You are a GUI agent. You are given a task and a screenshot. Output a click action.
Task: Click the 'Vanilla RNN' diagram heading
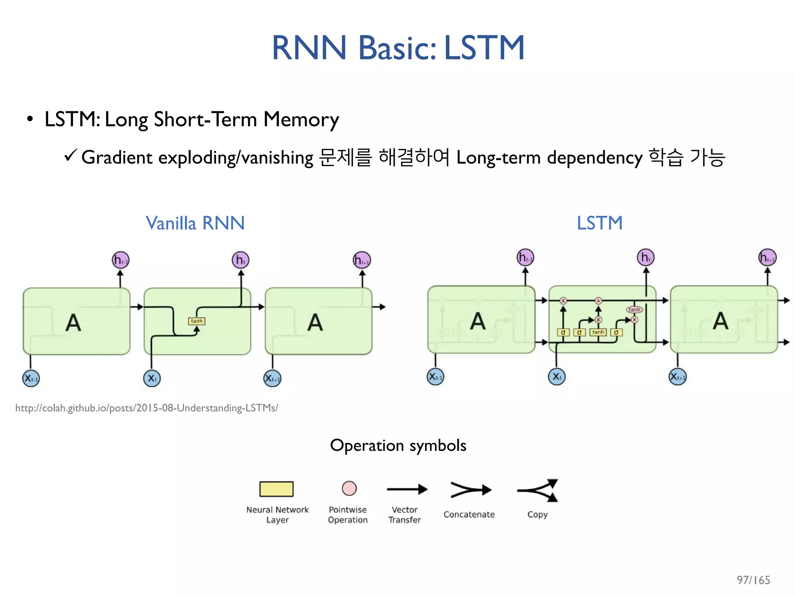pyautogui.click(x=195, y=223)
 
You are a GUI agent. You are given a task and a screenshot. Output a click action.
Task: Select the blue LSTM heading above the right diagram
pyautogui.click(x=599, y=223)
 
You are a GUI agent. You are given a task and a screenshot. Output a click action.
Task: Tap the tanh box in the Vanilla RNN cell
pyautogui.click(x=196, y=321)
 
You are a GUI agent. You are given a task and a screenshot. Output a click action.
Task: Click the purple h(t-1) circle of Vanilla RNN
pyautogui.click(x=120, y=260)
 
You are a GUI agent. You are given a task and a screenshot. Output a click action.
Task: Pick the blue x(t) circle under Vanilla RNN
pyautogui.click(x=152, y=378)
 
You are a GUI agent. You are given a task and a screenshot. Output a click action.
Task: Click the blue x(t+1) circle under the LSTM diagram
pyautogui.click(x=678, y=376)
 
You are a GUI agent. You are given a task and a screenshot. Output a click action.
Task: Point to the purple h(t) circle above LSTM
pyautogui.click(x=646, y=257)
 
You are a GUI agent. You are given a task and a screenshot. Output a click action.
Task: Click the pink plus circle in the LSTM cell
pyautogui.click(x=598, y=301)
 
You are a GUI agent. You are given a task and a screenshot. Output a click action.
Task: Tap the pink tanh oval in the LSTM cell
pyautogui.click(x=634, y=310)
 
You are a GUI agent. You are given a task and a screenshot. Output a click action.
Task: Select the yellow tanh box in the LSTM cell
pyautogui.click(x=598, y=332)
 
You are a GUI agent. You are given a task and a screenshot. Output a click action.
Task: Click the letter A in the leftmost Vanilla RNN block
pyautogui.click(x=73, y=322)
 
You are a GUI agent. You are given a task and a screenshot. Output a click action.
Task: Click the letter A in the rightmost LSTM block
pyautogui.click(x=720, y=321)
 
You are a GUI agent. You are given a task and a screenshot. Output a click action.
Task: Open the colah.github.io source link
pyautogui.click(x=146, y=408)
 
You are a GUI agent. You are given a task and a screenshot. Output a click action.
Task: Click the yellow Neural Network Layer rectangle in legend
pyautogui.click(x=276, y=489)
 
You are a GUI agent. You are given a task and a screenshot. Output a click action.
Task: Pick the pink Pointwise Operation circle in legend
pyautogui.click(x=349, y=488)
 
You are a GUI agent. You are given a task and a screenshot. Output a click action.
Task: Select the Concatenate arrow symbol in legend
pyautogui.click(x=470, y=490)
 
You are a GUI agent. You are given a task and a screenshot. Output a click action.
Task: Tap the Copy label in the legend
pyautogui.click(x=537, y=515)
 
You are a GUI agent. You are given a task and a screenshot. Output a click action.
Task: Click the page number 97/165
pyautogui.click(x=753, y=580)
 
